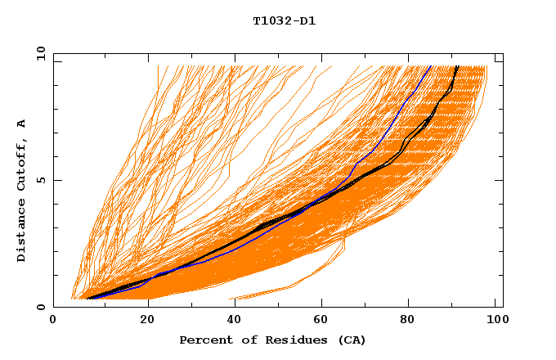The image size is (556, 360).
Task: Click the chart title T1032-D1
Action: pos(284,20)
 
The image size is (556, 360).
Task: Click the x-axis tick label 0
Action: pos(53,322)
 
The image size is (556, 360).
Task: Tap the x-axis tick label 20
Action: pos(142,322)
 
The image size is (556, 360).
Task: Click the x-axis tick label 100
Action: pos(496,322)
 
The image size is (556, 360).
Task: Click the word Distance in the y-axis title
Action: pos(21,232)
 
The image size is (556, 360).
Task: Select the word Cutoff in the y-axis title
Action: pos(21,167)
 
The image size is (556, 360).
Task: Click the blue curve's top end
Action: pos(430,66)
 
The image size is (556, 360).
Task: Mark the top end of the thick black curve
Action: pos(457,66)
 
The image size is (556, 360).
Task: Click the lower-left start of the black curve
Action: pos(88,298)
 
